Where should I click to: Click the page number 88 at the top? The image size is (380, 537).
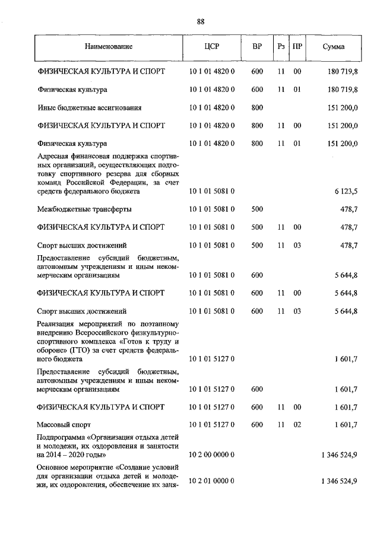[x=201, y=21]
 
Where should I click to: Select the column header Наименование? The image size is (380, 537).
[x=109, y=46]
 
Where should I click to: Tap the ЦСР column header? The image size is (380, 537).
[x=212, y=46]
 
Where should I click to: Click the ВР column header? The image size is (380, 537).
[x=256, y=46]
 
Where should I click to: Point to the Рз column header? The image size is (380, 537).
[x=281, y=46]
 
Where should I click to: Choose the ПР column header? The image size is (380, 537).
[x=297, y=46]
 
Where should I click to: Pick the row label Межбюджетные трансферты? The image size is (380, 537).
[x=84, y=209]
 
